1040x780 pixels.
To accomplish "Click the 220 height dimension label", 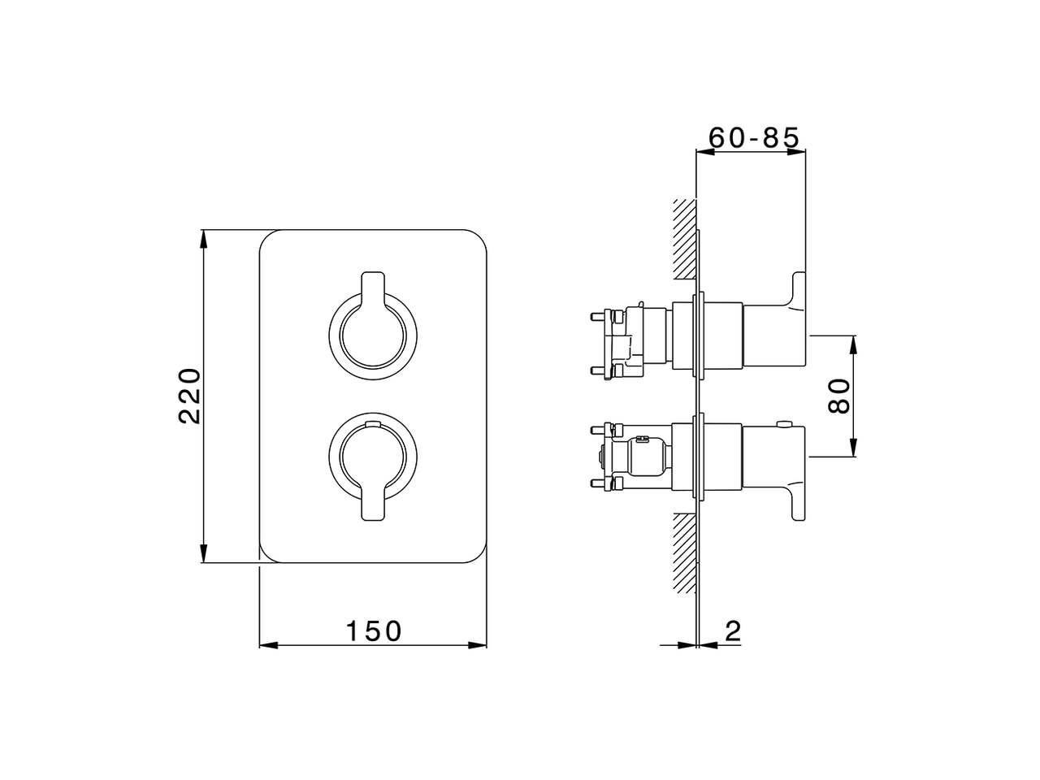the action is coord(190,396).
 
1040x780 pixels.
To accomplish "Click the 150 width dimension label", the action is coord(374,630).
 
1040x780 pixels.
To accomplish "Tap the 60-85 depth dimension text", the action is coord(754,137).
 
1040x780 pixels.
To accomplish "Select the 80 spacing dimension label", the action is coord(839,396).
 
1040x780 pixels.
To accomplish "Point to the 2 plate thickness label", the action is coord(733,630).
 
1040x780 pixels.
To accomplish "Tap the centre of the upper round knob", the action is coord(373,336).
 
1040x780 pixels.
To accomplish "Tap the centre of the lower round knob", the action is coord(373,457).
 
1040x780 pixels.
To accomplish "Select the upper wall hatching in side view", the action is coord(685,239).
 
